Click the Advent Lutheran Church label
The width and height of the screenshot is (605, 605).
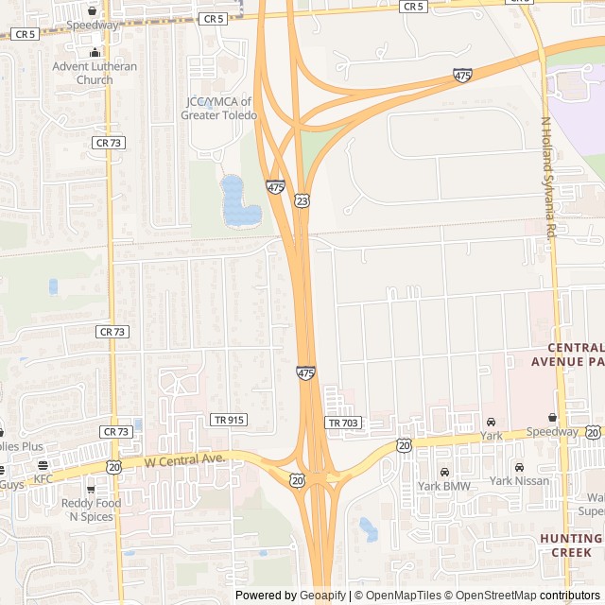pos(95,73)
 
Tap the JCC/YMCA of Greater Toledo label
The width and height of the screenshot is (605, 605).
pos(218,109)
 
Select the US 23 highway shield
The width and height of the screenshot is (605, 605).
pos(302,201)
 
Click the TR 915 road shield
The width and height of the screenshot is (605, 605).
pos(229,420)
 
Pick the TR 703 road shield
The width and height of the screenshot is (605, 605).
pos(343,423)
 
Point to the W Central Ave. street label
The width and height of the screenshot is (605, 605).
pos(185,460)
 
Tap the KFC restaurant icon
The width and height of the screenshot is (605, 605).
pos(43,465)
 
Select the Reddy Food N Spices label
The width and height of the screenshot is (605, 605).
pos(91,510)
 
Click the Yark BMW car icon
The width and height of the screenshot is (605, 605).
pos(444,471)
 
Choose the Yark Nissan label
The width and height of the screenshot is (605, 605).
pos(520,481)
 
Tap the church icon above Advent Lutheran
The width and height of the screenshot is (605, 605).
pos(94,52)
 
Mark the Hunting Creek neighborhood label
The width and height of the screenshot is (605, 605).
pos(571,544)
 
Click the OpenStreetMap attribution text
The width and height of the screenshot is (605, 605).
pos(492,596)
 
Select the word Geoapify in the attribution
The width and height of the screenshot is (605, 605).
pos(322,596)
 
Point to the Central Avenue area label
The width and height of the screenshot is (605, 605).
pos(567,354)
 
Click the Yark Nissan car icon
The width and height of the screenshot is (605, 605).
pos(519,468)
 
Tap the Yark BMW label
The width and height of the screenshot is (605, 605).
pos(444,486)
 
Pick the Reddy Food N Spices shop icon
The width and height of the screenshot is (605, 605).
pos(91,490)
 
